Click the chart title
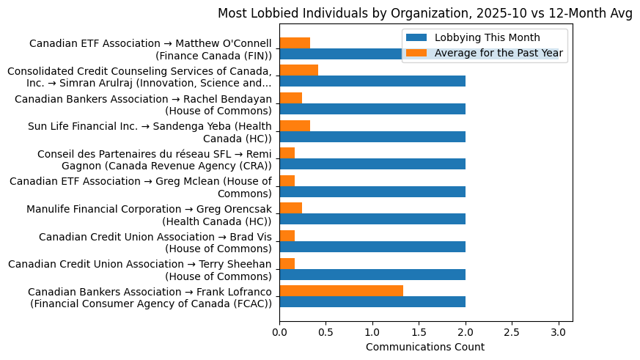pos(425,12)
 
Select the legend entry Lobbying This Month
pos(487,37)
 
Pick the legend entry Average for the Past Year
pos(499,52)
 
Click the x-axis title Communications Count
pos(425,347)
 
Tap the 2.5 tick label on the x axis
pos(512,331)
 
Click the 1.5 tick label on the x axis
pos(419,331)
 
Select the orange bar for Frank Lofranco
pos(341,291)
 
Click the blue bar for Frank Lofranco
pos(372,302)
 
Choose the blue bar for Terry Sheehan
pos(372,274)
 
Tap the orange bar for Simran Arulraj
pos(298,70)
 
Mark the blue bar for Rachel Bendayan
pos(372,109)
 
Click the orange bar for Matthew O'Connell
pos(295,43)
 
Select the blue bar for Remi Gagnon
pos(372,164)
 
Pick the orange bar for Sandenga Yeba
pos(295,125)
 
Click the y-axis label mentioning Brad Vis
pos(155,242)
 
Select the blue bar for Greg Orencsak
pos(372,219)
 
